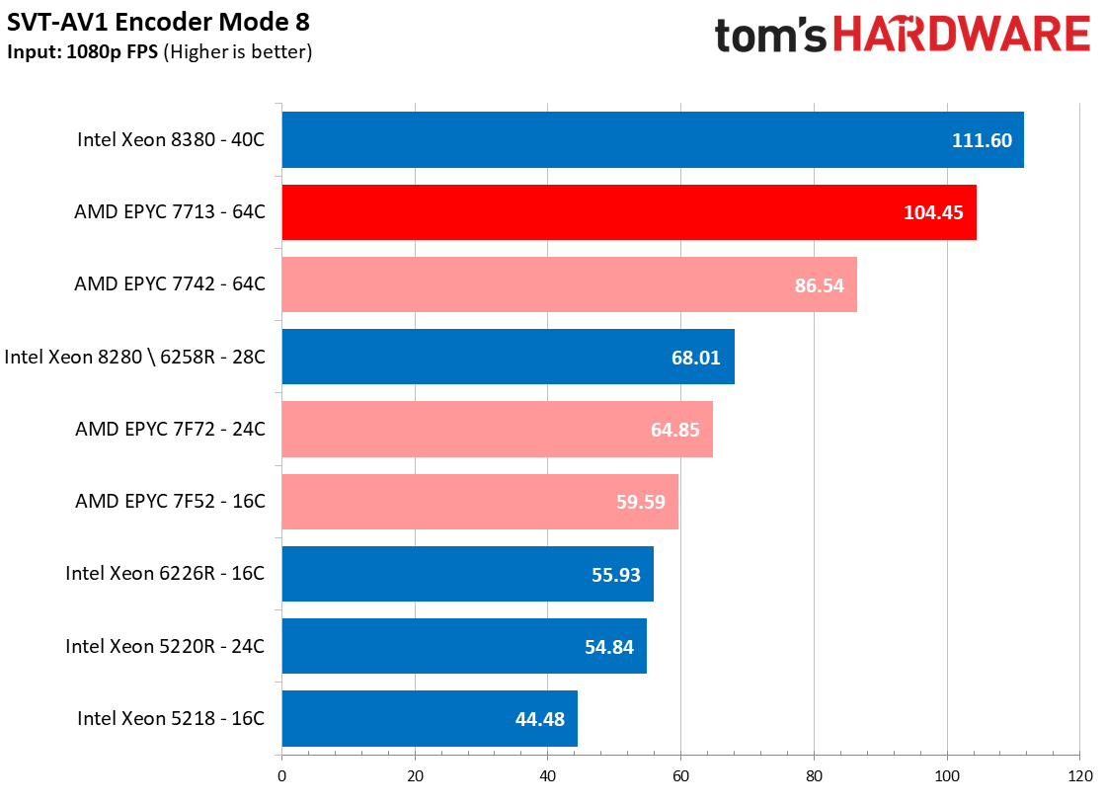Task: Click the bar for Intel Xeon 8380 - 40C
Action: tap(653, 139)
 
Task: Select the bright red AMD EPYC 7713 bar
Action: tap(629, 212)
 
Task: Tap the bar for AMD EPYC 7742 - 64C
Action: tap(570, 284)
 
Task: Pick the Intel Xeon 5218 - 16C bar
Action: tap(430, 718)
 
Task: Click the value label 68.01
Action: tap(695, 358)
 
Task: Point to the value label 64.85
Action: tap(675, 430)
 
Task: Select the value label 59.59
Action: tap(641, 502)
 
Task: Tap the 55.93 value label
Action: tap(616, 575)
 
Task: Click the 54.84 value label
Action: tap(609, 647)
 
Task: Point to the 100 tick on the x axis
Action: tap(947, 776)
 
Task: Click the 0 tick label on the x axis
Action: tap(281, 776)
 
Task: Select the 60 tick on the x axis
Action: tap(680, 776)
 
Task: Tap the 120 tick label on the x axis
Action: tap(1080, 776)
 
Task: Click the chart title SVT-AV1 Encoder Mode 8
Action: tap(159, 22)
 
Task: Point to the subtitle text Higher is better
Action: tap(237, 52)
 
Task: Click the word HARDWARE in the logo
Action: tap(962, 34)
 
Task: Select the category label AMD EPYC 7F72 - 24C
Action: tap(171, 429)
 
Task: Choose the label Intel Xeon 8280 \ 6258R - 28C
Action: tap(134, 357)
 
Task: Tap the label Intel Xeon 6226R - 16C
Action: tap(165, 573)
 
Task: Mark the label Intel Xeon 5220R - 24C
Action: tap(165, 646)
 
